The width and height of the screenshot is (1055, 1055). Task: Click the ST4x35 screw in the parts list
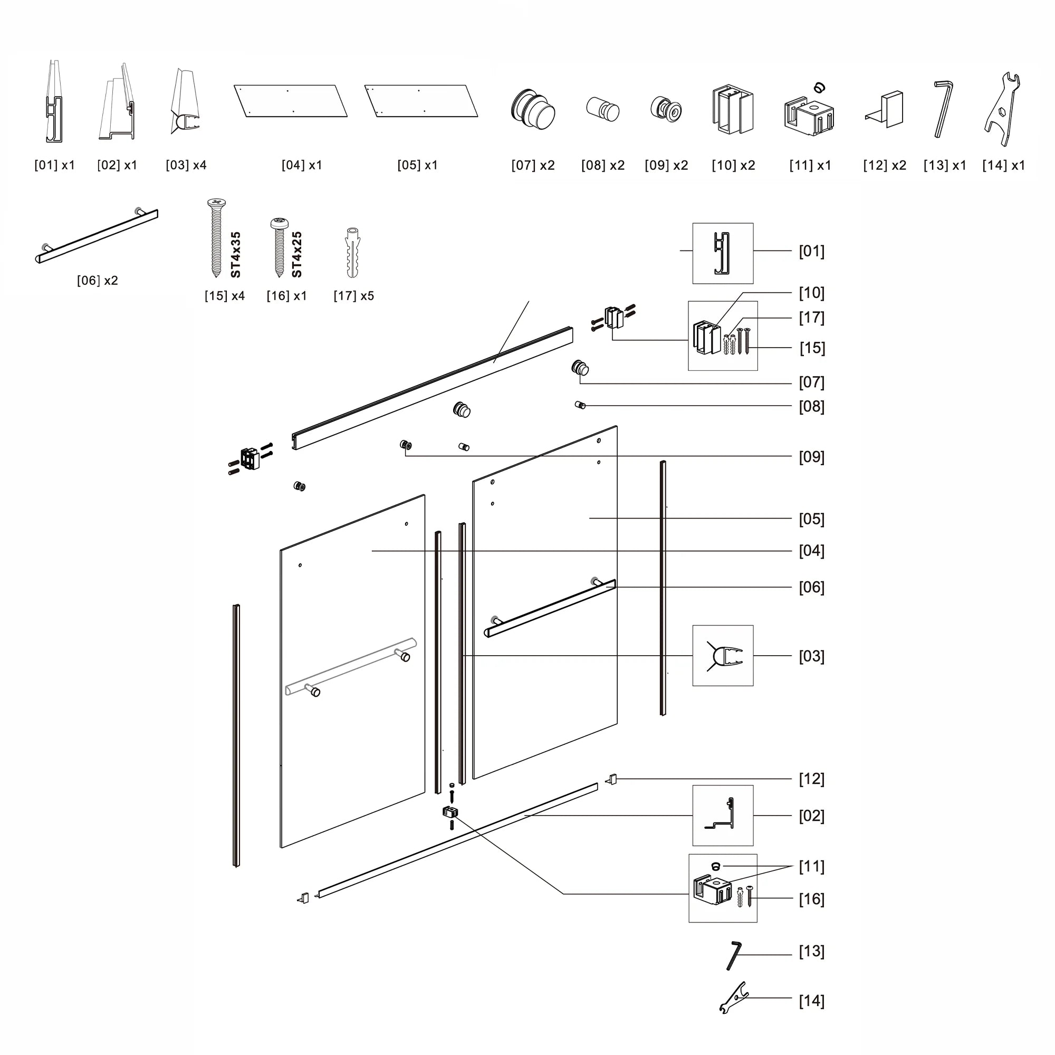point(216,237)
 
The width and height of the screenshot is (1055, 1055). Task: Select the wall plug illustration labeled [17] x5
point(353,253)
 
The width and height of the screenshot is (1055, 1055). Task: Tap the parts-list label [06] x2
point(97,281)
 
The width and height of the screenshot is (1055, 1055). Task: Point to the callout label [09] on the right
point(811,457)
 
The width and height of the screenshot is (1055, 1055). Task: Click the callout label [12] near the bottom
point(811,779)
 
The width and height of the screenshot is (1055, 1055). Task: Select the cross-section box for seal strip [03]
point(723,656)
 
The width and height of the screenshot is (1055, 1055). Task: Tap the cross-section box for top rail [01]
point(723,253)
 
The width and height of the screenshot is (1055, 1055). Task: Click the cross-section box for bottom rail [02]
point(723,816)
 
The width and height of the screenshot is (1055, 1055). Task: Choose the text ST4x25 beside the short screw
point(296,254)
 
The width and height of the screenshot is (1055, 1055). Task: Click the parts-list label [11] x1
point(810,166)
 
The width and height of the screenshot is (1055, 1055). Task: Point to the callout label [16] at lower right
point(811,899)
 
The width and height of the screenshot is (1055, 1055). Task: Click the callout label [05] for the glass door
point(811,519)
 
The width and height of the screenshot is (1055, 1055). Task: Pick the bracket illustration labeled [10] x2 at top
point(732,109)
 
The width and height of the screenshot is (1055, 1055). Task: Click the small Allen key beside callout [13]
point(733,955)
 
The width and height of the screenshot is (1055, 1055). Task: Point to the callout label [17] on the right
point(811,318)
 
